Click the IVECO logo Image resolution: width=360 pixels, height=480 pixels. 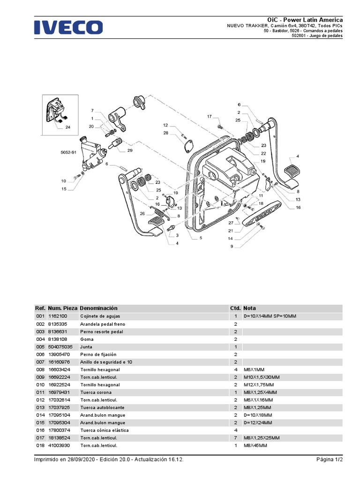coord(68,27)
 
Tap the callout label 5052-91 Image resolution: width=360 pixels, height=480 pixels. coord(68,152)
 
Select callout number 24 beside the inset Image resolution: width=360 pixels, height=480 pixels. coord(68,127)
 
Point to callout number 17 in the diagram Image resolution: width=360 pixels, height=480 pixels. coord(210,116)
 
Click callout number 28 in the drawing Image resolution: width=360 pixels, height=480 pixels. coord(165,133)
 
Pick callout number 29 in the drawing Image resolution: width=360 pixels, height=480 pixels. coord(130,150)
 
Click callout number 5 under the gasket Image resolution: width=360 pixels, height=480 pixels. coord(201,238)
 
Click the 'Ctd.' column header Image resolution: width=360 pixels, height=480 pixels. coord(235,308)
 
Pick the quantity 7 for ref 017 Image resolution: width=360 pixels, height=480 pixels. coord(235,438)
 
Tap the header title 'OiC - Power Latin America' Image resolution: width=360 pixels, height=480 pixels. coord(305,20)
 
